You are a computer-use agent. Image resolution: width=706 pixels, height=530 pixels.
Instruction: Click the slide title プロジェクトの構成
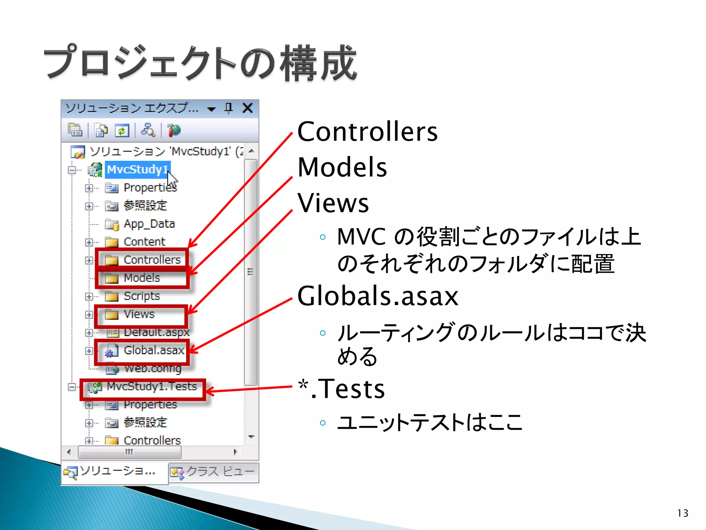pos(200,63)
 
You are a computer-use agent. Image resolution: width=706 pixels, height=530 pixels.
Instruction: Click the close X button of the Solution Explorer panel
pos(248,108)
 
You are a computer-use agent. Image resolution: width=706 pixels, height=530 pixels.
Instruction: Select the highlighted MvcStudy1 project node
pos(137,169)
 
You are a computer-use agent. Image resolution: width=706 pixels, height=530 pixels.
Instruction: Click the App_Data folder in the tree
pos(149,224)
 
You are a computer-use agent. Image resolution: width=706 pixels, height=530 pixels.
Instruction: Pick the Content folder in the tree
pos(144,242)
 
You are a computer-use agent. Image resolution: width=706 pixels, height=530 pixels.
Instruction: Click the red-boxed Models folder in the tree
pos(142,278)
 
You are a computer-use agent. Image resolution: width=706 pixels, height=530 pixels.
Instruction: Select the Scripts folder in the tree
pos(142,296)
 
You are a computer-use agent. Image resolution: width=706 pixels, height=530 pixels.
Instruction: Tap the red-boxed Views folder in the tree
pos(139,314)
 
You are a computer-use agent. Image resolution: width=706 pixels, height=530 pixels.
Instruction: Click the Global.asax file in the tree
pos(153,351)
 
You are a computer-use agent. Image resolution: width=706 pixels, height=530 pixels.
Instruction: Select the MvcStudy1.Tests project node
pos(152,386)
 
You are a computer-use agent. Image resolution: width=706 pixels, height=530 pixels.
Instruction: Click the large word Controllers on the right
pos(367,132)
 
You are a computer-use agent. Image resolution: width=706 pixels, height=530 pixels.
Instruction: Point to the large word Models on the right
pos(342,167)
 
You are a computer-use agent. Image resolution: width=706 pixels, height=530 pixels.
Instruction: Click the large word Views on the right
pos(333,203)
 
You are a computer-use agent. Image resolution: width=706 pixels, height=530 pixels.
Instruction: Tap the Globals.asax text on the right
pos(378,296)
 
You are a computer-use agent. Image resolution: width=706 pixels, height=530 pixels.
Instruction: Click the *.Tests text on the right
pos(342,389)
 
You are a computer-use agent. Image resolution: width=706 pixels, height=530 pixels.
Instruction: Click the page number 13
pos(683,513)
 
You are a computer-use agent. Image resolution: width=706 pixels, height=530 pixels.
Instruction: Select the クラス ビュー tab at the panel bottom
pos(214,472)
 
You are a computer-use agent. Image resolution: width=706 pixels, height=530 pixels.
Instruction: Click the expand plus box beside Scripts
pos(89,296)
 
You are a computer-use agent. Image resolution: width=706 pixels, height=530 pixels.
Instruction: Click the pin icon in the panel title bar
pos(228,108)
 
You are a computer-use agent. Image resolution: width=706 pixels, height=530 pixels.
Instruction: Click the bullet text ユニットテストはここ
pos(430,422)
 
